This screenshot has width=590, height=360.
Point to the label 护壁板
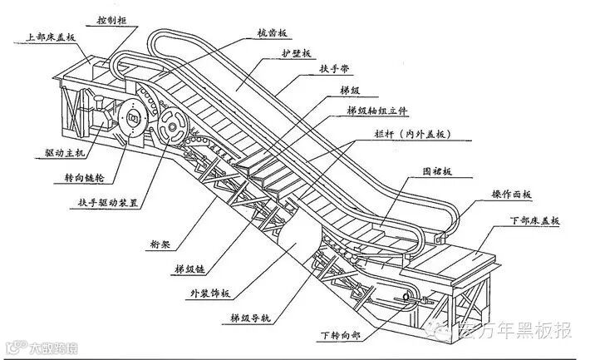(x=296, y=53)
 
